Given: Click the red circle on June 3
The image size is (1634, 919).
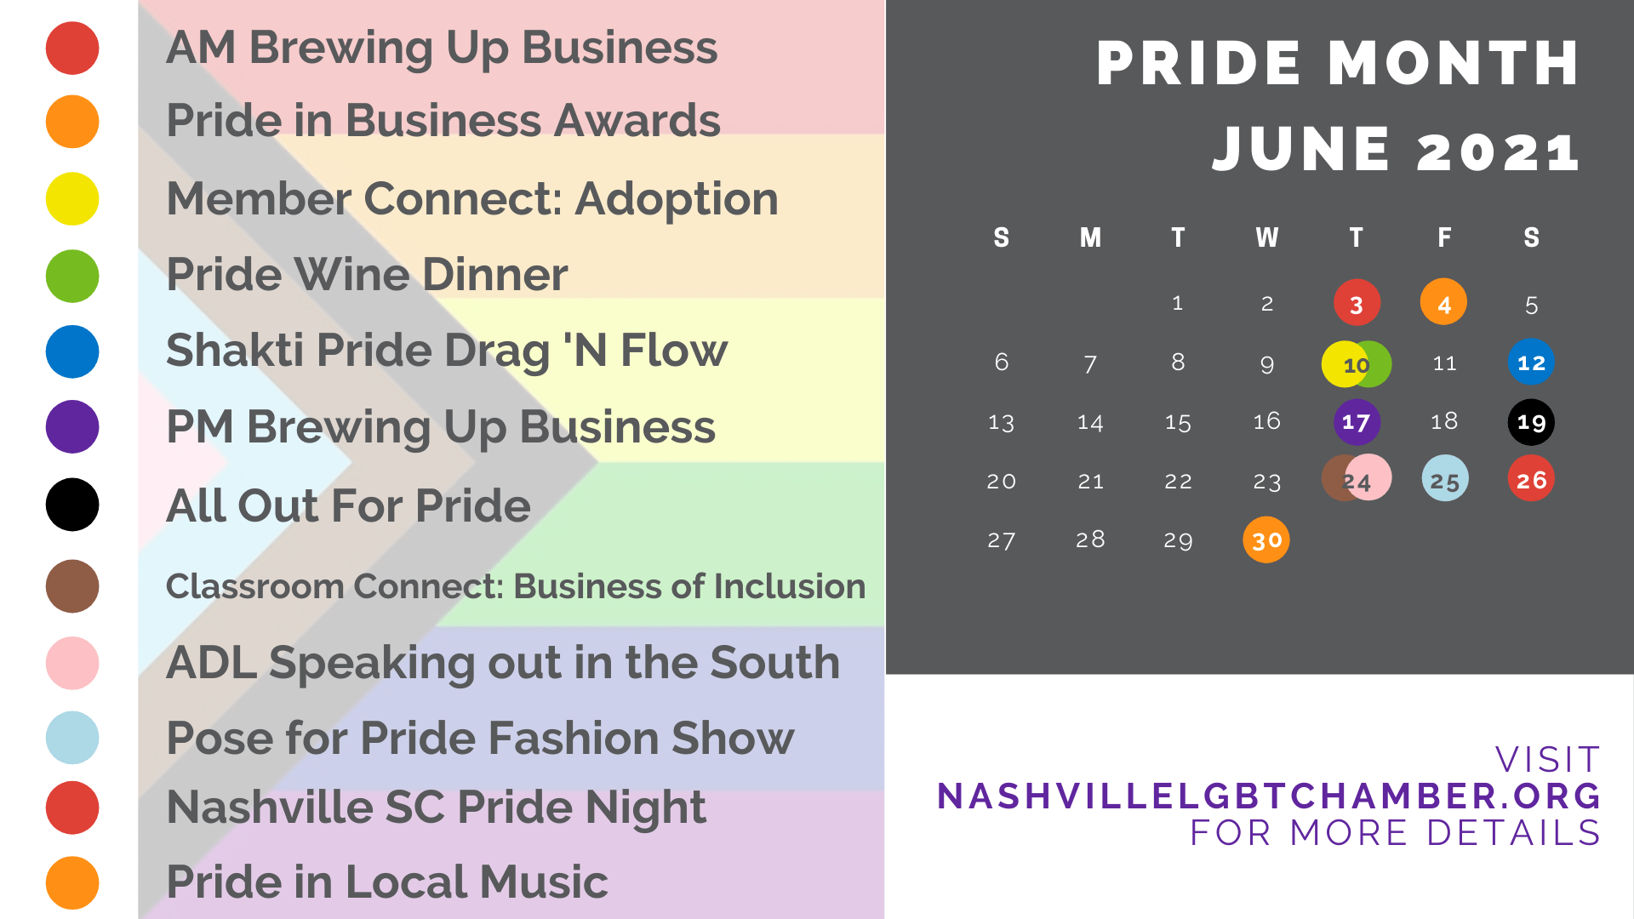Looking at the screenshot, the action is tap(1357, 303).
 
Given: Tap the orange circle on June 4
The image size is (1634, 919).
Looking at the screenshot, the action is tap(1443, 302).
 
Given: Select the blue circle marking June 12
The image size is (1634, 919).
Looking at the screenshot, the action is tap(1531, 362).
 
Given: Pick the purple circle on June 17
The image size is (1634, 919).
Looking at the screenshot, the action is tap(1357, 422).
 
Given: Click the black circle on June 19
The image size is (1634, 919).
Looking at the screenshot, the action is tap(1531, 422).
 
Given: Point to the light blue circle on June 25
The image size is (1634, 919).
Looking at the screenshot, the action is tap(1445, 478).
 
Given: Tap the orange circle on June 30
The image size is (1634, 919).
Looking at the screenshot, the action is tap(1266, 539).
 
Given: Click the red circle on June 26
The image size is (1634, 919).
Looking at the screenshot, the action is tap(1531, 478).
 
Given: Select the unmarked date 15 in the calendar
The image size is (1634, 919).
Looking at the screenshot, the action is tap(1178, 423).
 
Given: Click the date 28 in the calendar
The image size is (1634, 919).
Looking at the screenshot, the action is tap(1090, 539).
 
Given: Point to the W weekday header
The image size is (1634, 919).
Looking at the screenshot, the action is tap(1266, 237).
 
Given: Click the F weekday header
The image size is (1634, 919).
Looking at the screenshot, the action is tap(1444, 237).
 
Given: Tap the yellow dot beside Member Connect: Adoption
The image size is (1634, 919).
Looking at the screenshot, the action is tap(72, 199).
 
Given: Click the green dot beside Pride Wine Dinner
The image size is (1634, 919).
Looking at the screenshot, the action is tap(72, 276).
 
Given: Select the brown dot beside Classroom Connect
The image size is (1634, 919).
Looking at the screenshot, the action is tap(72, 586).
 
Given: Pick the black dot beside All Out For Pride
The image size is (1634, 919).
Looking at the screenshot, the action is tap(72, 505).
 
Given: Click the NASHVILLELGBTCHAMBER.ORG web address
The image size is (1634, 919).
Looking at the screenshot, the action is tap(1269, 796).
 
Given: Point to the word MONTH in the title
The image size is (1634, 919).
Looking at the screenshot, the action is tap(1454, 64).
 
